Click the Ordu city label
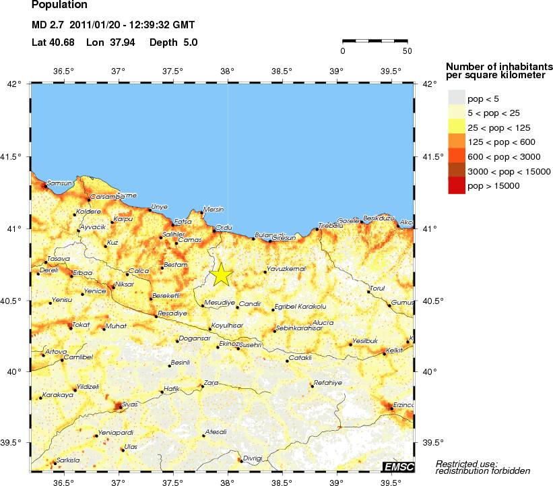pyautogui.click(x=222, y=227)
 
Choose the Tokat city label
pyautogui.click(x=81, y=324)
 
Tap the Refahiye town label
pyautogui.click(x=328, y=382)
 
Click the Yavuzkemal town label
pyautogui.click(x=286, y=269)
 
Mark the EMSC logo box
pyautogui.click(x=397, y=466)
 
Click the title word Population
pyautogui.click(x=59, y=5)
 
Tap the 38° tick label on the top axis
pyautogui.click(x=228, y=71)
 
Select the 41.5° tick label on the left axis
pyautogui.click(x=13, y=157)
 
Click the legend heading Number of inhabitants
pyautogui.click(x=499, y=66)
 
